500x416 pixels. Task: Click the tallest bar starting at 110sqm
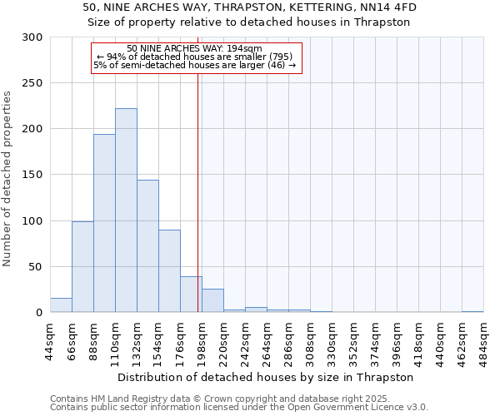126,210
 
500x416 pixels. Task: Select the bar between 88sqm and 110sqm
104,223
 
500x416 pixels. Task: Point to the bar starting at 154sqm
169,270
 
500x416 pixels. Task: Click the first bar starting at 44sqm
61,305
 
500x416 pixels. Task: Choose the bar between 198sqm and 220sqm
212,300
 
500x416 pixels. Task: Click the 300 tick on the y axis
32,37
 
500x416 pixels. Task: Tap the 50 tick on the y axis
36,267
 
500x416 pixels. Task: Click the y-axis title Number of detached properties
7,175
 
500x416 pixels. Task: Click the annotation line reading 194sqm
195,48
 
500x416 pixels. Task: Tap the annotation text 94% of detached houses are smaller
195,57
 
